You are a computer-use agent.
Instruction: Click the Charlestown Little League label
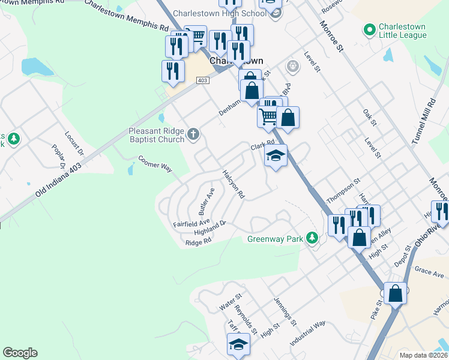click(402, 31)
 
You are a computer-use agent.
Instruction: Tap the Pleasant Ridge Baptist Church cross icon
click(193, 134)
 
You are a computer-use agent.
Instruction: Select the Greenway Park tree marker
click(312, 239)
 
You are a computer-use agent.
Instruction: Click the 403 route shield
click(202, 80)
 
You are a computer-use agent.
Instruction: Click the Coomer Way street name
click(155, 164)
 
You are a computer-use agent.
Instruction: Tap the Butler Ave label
click(206, 202)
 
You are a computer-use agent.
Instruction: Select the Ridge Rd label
click(199, 242)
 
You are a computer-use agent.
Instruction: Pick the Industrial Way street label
click(307, 332)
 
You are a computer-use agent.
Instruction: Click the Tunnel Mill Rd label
click(423, 122)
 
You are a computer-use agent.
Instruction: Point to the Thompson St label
click(343, 191)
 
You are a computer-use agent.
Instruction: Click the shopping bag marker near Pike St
click(395, 294)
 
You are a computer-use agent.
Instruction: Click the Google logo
click(20, 353)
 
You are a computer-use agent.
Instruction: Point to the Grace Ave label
click(429, 272)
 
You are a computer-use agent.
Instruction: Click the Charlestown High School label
click(219, 13)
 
